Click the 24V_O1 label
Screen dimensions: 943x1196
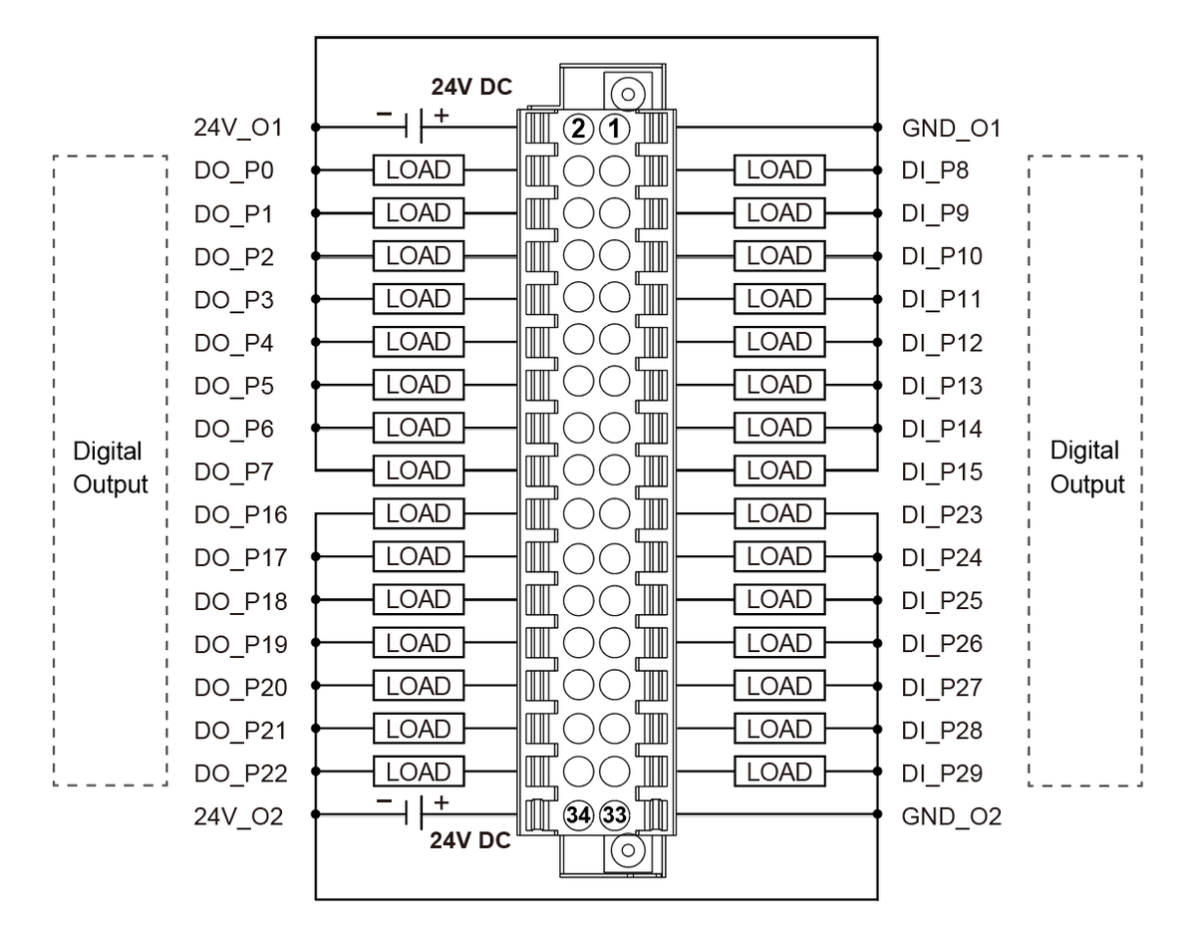coord(239,128)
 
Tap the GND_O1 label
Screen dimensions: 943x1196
coord(951,128)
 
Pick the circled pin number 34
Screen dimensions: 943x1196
coord(577,814)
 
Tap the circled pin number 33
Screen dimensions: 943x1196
coord(616,814)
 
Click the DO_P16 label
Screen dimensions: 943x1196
coord(242,515)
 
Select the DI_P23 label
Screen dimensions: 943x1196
coord(942,515)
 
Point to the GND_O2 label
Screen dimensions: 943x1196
coord(951,817)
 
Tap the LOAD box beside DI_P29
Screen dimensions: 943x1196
coord(779,772)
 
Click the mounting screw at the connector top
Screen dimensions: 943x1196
coord(628,96)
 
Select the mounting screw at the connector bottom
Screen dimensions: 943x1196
coord(628,849)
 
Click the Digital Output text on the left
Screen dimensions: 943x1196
coord(110,469)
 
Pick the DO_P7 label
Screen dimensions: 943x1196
coord(237,471)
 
